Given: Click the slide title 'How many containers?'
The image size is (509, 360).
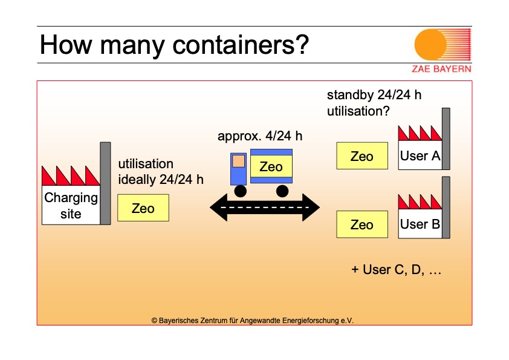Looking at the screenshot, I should point(174,45).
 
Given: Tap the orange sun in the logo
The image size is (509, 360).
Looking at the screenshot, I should point(430,45).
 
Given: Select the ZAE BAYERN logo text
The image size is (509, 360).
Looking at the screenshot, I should point(441,68).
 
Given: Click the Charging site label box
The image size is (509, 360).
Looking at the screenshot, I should point(71,205).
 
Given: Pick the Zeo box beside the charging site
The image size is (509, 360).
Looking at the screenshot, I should point(143,208).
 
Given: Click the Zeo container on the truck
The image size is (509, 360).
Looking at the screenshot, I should point(271,166).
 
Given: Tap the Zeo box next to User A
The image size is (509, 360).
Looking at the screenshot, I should point(362,156).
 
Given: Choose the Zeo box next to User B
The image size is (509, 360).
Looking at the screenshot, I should point(362,224).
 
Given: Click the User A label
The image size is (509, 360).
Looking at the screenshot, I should point(420,156).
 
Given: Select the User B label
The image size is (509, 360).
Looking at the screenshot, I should point(420,224).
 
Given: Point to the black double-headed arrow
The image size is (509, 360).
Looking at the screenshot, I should point(265,208).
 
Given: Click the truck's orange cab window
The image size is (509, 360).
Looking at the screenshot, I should point(239,161).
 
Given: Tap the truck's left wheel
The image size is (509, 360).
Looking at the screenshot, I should point(241,191).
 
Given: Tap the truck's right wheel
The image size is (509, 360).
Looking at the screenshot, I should point(282,191).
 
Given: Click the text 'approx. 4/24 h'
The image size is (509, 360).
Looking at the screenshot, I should point(260,136).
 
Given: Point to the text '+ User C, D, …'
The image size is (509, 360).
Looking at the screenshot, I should point(397,270).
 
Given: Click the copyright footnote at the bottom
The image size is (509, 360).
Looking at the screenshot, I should point(252,320).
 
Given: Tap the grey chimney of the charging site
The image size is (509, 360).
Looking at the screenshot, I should point(105,183).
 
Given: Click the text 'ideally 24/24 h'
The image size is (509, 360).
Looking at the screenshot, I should point(161,179).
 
